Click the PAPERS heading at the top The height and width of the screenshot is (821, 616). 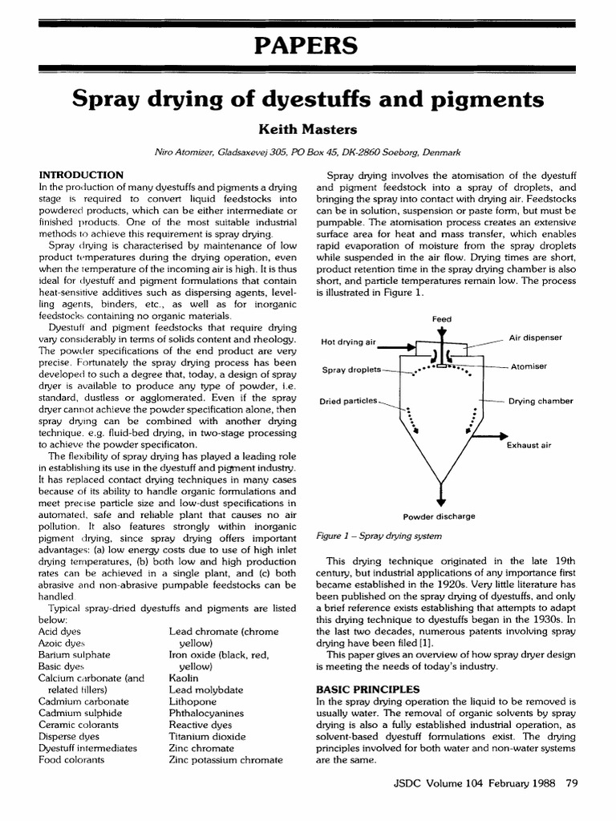pyautogui.click(x=308, y=47)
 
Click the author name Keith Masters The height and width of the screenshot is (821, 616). pyautogui.click(x=308, y=128)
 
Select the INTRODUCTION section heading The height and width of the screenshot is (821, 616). pyautogui.click(x=81, y=175)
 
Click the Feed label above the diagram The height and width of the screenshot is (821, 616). pyautogui.click(x=442, y=318)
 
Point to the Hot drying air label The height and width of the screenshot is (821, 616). pyautogui.click(x=349, y=342)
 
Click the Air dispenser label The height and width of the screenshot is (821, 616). pyautogui.click(x=536, y=338)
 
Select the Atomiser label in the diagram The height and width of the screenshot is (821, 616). pyautogui.click(x=528, y=366)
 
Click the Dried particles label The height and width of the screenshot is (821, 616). pyautogui.click(x=350, y=401)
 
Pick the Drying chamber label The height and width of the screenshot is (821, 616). pyautogui.click(x=541, y=400)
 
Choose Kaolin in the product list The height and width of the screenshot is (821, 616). pyautogui.click(x=184, y=677)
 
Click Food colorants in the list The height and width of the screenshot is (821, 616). pyautogui.click(x=71, y=759)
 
